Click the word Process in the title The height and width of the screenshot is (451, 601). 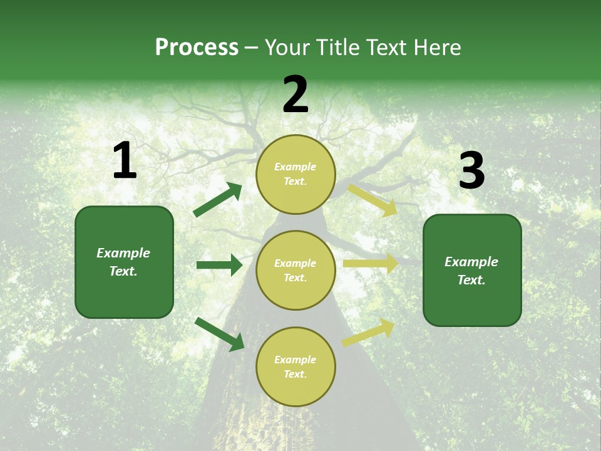pyautogui.click(x=197, y=48)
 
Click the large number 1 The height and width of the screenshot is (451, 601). pyautogui.click(x=125, y=161)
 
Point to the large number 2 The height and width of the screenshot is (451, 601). pyautogui.click(x=295, y=95)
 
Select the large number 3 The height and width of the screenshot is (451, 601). pyautogui.click(x=471, y=171)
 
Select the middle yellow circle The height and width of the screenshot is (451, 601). pyautogui.click(x=295, y=270)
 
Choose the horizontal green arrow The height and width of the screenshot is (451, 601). pyautogui.click(x=219, y=265)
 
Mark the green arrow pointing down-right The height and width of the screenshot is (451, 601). pyautogui.click(x=220, y=333)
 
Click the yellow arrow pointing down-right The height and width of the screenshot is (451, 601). pyautogui.click(x=372, y=200)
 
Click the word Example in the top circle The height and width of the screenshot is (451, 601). pyautogui.click(x=295, y=167)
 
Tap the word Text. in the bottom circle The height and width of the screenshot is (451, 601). pyautogui.click(x=295, y=374)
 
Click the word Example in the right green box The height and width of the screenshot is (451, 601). pyautogui.click(x=471, y=262)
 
